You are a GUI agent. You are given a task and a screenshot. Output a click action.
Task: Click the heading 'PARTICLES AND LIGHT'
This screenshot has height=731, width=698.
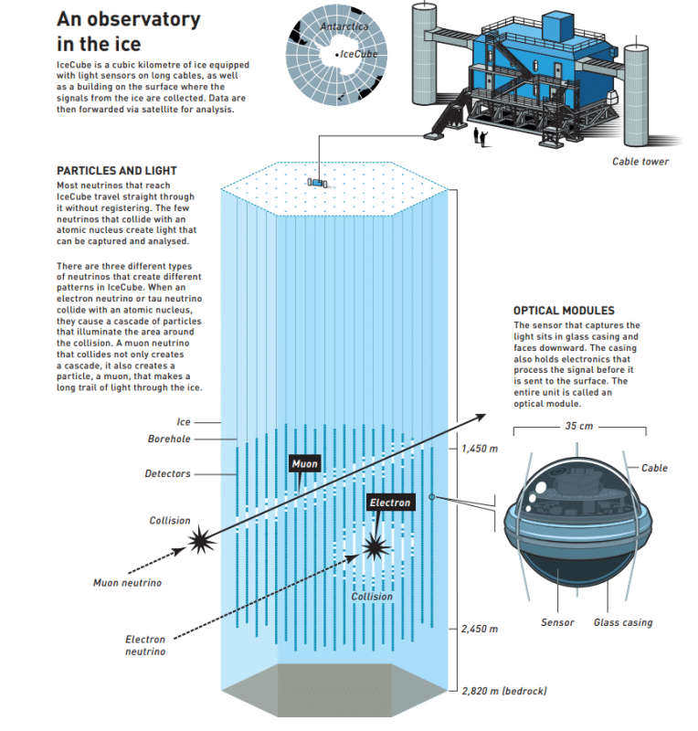pyautogui.click(x=117, y=171)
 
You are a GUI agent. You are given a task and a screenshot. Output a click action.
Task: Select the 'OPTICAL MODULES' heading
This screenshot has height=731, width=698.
pyautogui.click(x=564, y=311)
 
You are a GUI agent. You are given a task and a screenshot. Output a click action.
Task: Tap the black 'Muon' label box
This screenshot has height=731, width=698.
pyautogui.click(x=304, y=463)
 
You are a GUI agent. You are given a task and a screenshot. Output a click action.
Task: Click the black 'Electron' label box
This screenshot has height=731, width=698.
pyautogui.click(x=390, y=503)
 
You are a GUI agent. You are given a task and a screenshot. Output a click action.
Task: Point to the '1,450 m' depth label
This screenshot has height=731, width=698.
pyautogui.click(x=480, y=449)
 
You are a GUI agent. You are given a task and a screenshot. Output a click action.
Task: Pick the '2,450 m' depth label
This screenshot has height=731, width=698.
pyautogui.click(x=480, y=629)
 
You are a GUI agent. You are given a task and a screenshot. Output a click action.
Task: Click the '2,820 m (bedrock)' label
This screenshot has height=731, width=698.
pyautogui.click(x=504, y=691)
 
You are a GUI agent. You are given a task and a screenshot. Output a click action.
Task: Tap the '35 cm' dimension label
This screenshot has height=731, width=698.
pyautogui.click(x=579, y=426)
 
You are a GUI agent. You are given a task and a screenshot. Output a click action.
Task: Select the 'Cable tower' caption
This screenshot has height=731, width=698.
pyautogui.click(x=640, y=162)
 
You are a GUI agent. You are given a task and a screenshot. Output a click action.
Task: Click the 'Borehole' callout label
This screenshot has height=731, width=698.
pyautogui.click(x=169, y=439)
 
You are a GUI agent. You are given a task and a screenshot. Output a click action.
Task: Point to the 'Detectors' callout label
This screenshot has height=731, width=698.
pyautogui.click(x=167, y=473)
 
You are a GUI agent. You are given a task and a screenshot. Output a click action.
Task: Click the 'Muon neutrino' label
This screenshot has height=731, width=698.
pyautogui.click(x=127, y=583)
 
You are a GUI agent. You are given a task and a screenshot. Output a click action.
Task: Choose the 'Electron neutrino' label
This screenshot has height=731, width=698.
pyautogui.click(x=145, y=645)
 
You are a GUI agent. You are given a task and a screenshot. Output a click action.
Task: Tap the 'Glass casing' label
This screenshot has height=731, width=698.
pyautogui.click(x=623, y=622)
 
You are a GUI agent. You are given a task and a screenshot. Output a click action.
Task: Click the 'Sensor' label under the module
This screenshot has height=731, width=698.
pyautogui.click(x=557, y=622)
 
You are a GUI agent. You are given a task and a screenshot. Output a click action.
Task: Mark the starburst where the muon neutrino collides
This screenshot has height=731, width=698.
pyautogui.click(x=201, y=540)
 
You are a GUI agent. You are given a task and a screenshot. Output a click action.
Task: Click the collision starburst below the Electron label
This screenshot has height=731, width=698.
pyautogui.click(x=375, y=546)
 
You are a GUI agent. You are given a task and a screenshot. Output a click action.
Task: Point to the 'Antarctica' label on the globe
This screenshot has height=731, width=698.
pyautogui.click(x=344, y=26)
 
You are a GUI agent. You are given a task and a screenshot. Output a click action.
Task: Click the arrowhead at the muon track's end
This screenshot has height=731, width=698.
pyautogui.click(x=481, y=418)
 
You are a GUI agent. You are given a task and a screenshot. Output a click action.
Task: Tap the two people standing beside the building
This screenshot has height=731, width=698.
pyautogui.click(x=481, y=138)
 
